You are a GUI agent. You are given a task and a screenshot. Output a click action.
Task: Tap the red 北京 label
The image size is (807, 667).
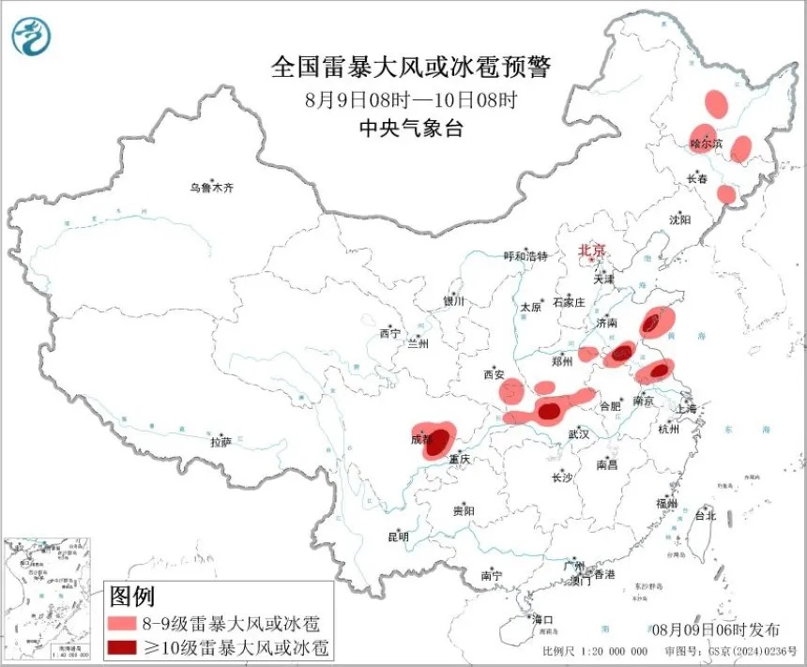point(592,250)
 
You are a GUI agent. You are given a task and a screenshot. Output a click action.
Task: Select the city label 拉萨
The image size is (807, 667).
point(221,442)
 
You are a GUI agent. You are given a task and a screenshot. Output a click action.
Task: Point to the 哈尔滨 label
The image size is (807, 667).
point(707,144)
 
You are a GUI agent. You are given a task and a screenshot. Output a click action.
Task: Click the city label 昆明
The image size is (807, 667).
point(398,538)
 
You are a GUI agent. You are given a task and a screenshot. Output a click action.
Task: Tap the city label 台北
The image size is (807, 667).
point(705,515)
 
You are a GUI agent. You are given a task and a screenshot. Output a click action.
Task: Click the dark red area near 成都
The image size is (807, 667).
point(436,441)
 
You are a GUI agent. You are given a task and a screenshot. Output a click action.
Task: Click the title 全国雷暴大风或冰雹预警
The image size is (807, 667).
point(410,68)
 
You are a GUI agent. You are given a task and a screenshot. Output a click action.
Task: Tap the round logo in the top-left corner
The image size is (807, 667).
point(32,36)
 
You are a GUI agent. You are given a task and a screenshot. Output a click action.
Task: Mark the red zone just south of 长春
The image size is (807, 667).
point(725,194)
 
